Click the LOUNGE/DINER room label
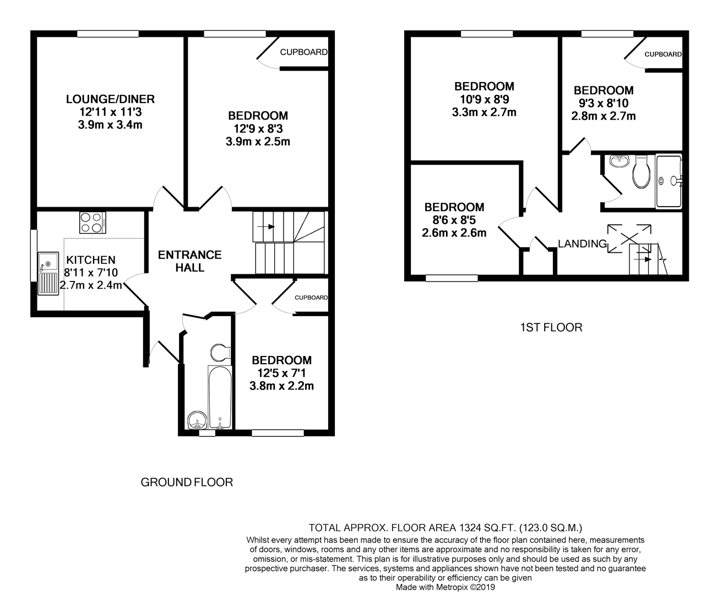click(110, 99)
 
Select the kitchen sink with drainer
click(48, 273)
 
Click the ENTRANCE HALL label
click(189, 261)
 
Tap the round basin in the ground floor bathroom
click(197, 422)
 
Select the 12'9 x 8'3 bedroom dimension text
click(258, 128)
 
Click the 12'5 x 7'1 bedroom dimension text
click(281, 373)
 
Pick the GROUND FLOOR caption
click(187, 483)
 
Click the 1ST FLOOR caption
click(551, 328)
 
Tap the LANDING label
click(582, 244)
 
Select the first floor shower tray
click(669, 181)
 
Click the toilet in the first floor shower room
click(641, 171)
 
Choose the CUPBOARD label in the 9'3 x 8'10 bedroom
click(663, 55)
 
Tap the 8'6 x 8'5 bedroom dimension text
click(454, 220)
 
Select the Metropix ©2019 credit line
click(446, 587)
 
